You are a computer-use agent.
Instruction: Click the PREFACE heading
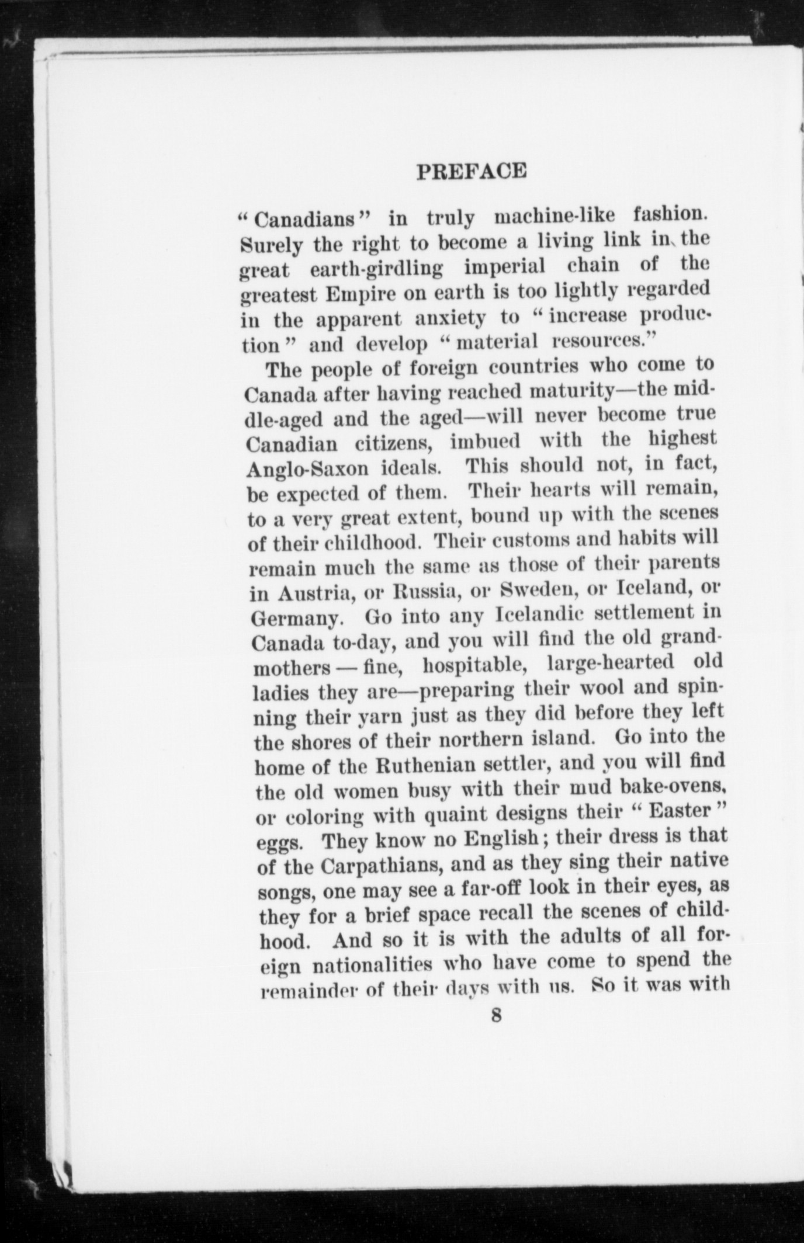pos(472,170)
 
